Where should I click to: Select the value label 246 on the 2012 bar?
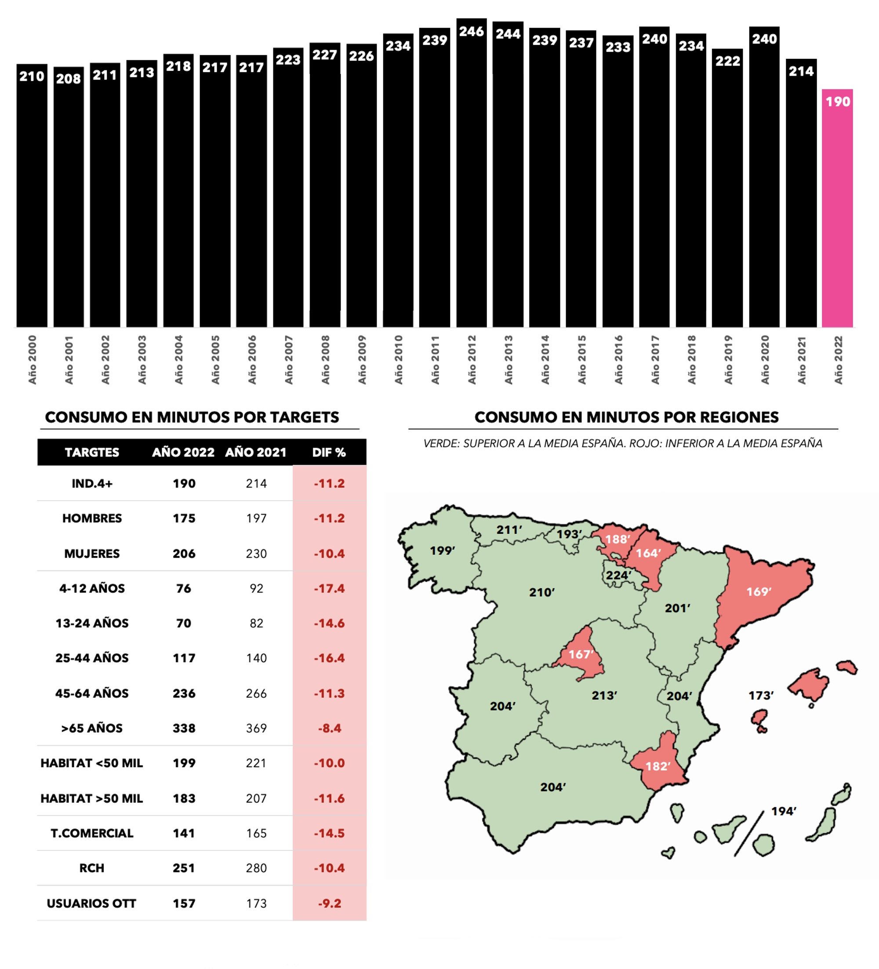click(471, 32)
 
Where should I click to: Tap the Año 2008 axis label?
click(325, 360)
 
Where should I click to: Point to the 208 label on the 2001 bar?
click(68, 79)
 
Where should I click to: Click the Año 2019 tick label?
click(728, 360)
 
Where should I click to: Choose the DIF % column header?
click(329, 452)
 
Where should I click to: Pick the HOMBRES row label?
click(92, 518)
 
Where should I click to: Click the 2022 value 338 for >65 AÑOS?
click(184, 728)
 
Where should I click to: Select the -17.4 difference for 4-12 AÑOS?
click(329, 588)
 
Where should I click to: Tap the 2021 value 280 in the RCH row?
click(256, 868)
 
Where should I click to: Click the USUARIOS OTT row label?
click(91, 903)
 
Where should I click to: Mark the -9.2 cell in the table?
click(329, 903)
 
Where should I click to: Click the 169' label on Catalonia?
click(759, 592)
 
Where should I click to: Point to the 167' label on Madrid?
click(581, 654)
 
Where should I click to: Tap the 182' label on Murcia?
click(657, 766)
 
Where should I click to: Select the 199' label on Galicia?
click(442, 551)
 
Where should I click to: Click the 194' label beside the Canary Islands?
click(783, 811)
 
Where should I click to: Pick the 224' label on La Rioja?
click(618, 576)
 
